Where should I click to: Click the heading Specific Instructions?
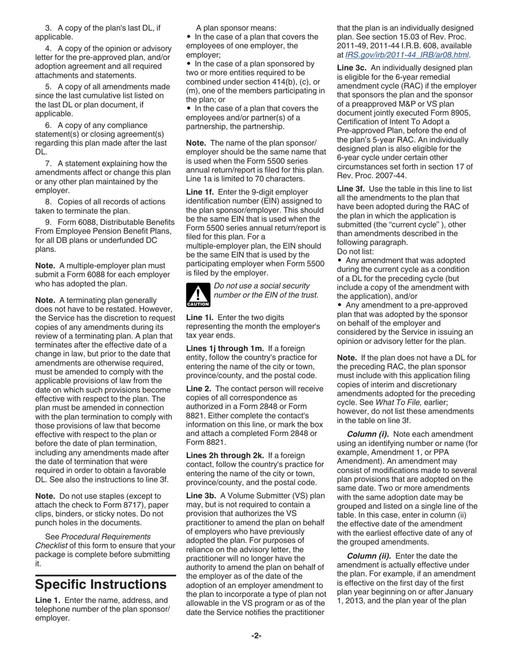click(101, 584)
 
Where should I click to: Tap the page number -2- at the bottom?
click(256, 635)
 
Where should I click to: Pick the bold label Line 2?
click(198, 389)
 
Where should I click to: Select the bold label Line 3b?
click(201, 495)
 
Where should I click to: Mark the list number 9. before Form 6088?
click(48, 222)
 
